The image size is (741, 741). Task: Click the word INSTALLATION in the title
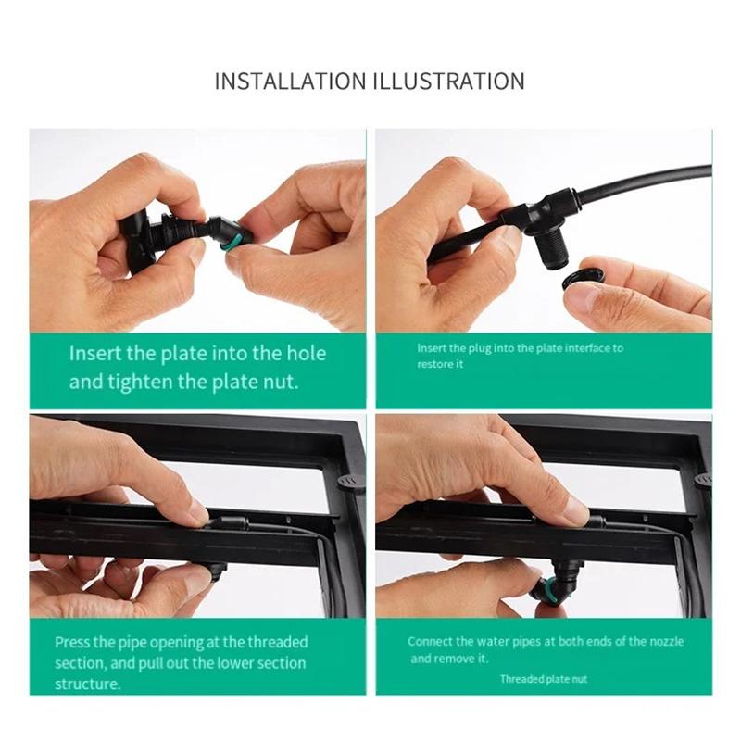point(291,82)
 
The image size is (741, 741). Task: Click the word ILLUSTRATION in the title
point(449,82)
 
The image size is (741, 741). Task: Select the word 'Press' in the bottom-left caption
point(72,642)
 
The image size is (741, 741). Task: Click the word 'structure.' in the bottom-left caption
point(87,684)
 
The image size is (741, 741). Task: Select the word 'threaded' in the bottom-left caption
point(277,642)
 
